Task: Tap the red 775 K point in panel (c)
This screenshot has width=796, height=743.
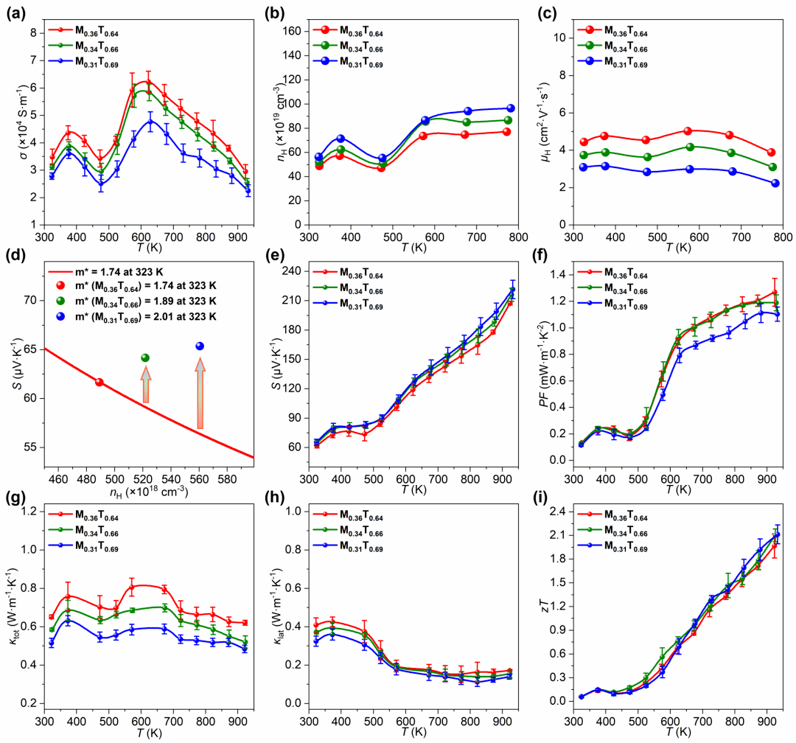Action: [771, 152]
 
